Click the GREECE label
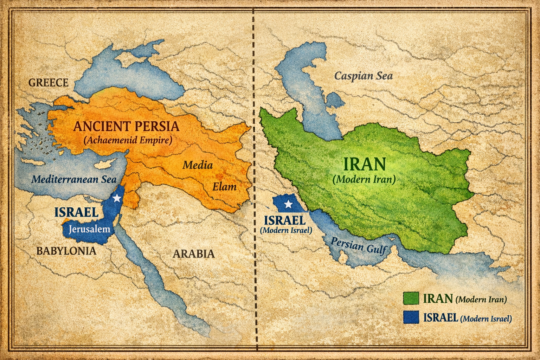[x=48, y=83]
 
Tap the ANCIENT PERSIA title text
[x=126, y=126]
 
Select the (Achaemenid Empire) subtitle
[x=128, y=140]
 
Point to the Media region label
[x=198, y=165]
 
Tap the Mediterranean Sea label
[x=74, y=179]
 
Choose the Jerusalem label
[x=89, y=229]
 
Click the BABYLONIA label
[x=66, y=251]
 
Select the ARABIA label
[x=193, y=253]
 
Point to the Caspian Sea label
[x=363, y=76]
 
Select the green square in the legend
[x=411, y=299]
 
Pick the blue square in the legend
[x=411, y=317]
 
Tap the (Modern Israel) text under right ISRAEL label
[x=286, y=231]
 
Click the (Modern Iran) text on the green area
[x=364, y=179]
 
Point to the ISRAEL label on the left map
[x=76, y=212]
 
